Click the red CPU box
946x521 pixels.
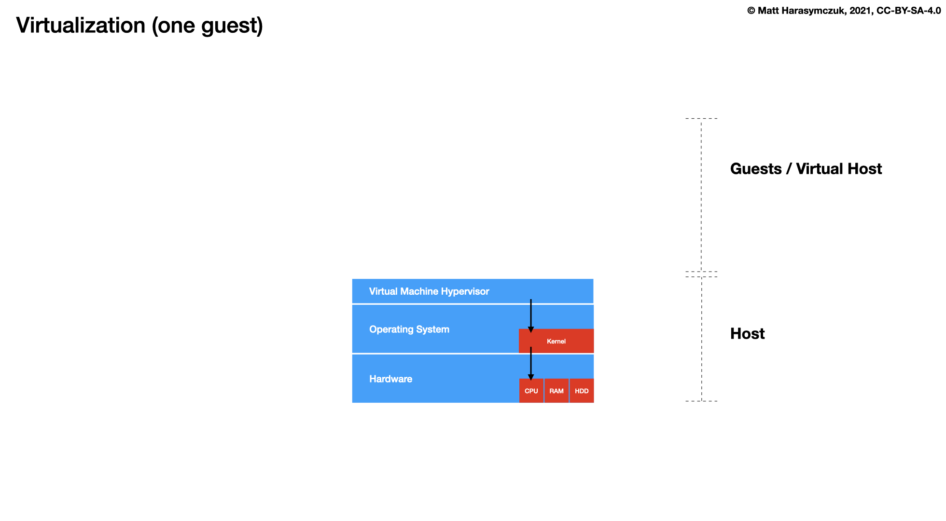(x=531, y=391)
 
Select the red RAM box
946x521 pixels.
(x=556, y=391)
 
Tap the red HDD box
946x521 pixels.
(x=582, y=391)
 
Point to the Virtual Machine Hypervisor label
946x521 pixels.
(x=429, y=291)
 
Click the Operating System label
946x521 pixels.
(x=409, y=329)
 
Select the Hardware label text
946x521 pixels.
(x=390, y=379)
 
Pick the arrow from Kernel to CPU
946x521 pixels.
(x=531, y=363)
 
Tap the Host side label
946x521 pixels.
(x=747, y=334)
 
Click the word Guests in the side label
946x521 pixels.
(x=756, y=169)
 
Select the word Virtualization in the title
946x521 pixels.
(x=81, y=26)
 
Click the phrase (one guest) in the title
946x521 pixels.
(x=208, y=26)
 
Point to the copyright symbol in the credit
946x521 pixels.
(x=751, y=11)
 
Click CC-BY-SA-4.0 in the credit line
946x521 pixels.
(x=908, y=11)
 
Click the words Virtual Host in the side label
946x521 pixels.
(x=839, y=169)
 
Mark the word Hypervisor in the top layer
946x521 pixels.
(x=465, y=291)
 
